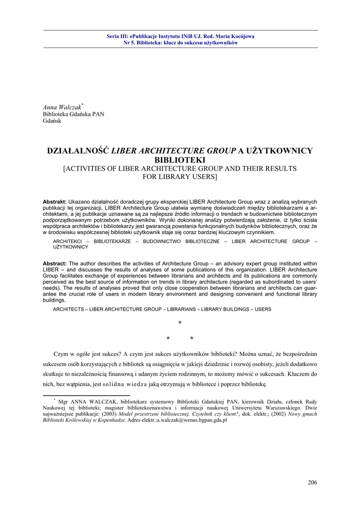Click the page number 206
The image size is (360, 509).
click(x=312, y=482)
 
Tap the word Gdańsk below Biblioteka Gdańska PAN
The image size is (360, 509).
click(x=52, y=121)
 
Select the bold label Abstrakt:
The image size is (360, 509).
click(x=55, y=201)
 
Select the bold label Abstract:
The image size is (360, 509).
click(x=55, y=263)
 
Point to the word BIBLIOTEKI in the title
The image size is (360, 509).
click(x=180, y=160)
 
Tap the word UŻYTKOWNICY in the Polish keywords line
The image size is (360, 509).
click(x=71, y=247)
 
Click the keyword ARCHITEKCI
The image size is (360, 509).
click(x=68, y=241)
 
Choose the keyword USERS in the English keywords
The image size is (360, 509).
click(x=263, y=309)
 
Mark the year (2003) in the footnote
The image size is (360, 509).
click(x=109, y=414)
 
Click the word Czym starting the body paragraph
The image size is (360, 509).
click(x=62, y=354)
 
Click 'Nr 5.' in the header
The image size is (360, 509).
click(x=129, y=43)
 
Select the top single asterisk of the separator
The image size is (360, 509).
click(x=180, y=324)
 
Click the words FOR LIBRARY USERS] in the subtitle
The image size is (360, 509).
click(x=180, y=176)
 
